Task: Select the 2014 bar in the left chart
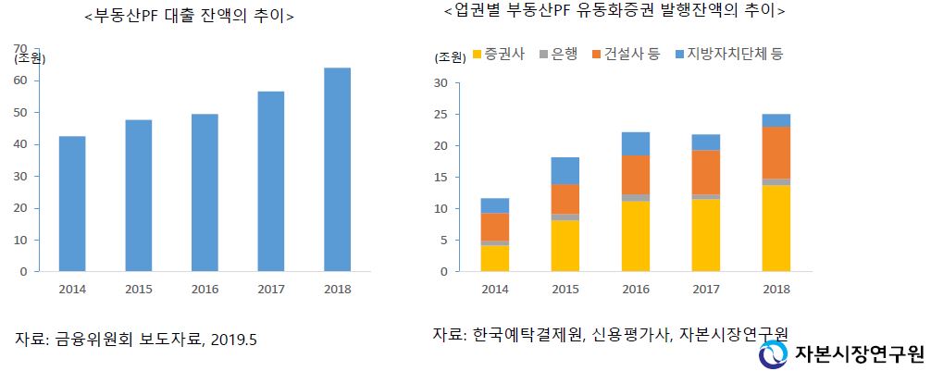pos(72,204)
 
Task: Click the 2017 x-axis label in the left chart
pos(270,288)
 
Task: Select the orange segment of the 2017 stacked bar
pos(706,172)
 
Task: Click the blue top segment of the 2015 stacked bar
pos(565,171)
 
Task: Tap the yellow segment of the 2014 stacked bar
pos(495,258)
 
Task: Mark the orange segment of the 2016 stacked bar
pos(636,175)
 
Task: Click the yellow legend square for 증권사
pos(478,55)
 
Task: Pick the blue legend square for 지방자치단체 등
pos(680,55)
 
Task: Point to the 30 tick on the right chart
pos(441,83)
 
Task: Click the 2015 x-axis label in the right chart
pos(565,288)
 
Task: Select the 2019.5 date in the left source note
pos(232,339)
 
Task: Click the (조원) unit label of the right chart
pos(451,56)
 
